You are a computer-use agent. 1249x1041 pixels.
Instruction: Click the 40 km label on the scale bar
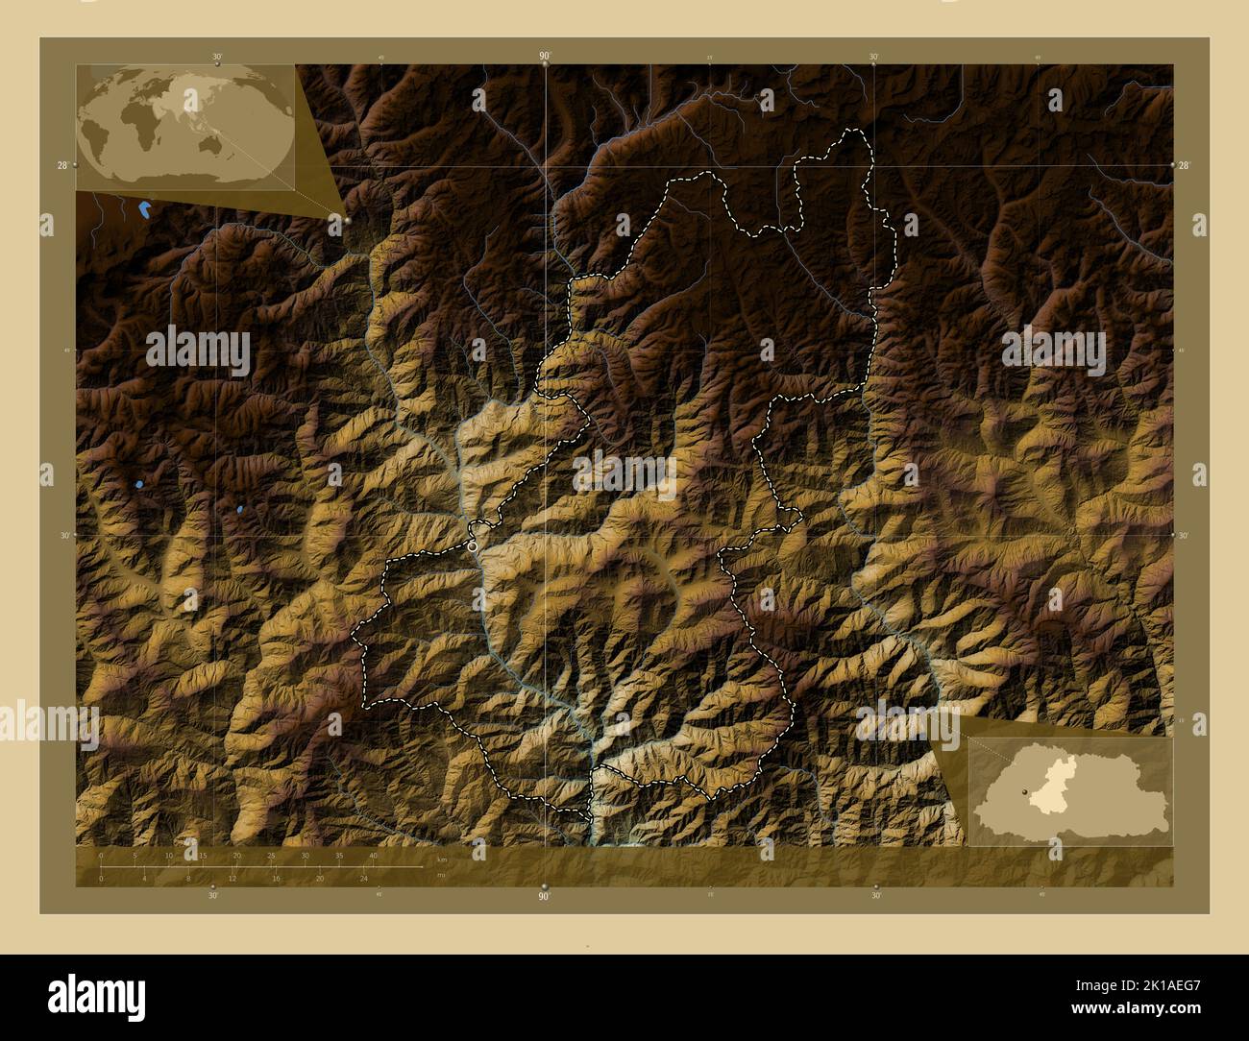tap(373, 855)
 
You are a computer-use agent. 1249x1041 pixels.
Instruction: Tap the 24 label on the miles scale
tap(363, 878)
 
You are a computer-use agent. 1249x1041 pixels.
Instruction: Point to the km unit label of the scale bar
tap(441, 859)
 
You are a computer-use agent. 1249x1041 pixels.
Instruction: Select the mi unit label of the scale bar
tap(440, 875)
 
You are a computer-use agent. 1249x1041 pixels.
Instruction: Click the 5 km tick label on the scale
tap(135, 855)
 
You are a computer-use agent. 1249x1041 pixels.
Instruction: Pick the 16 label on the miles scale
tap(276, 878)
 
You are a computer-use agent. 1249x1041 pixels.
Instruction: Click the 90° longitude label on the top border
tap(545, 57)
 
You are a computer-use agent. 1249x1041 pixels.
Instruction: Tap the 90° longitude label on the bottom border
tap(544, 896)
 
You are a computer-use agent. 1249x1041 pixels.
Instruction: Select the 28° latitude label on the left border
tap(62, 166)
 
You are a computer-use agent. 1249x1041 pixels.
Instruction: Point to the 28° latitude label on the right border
tap(1185, 166)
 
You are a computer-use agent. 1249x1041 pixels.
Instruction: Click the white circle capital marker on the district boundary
tap(473, 545)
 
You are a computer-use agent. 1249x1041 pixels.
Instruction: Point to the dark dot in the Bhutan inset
tap(1026, 790)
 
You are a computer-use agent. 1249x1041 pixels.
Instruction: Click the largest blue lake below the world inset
tap(144, 208)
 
